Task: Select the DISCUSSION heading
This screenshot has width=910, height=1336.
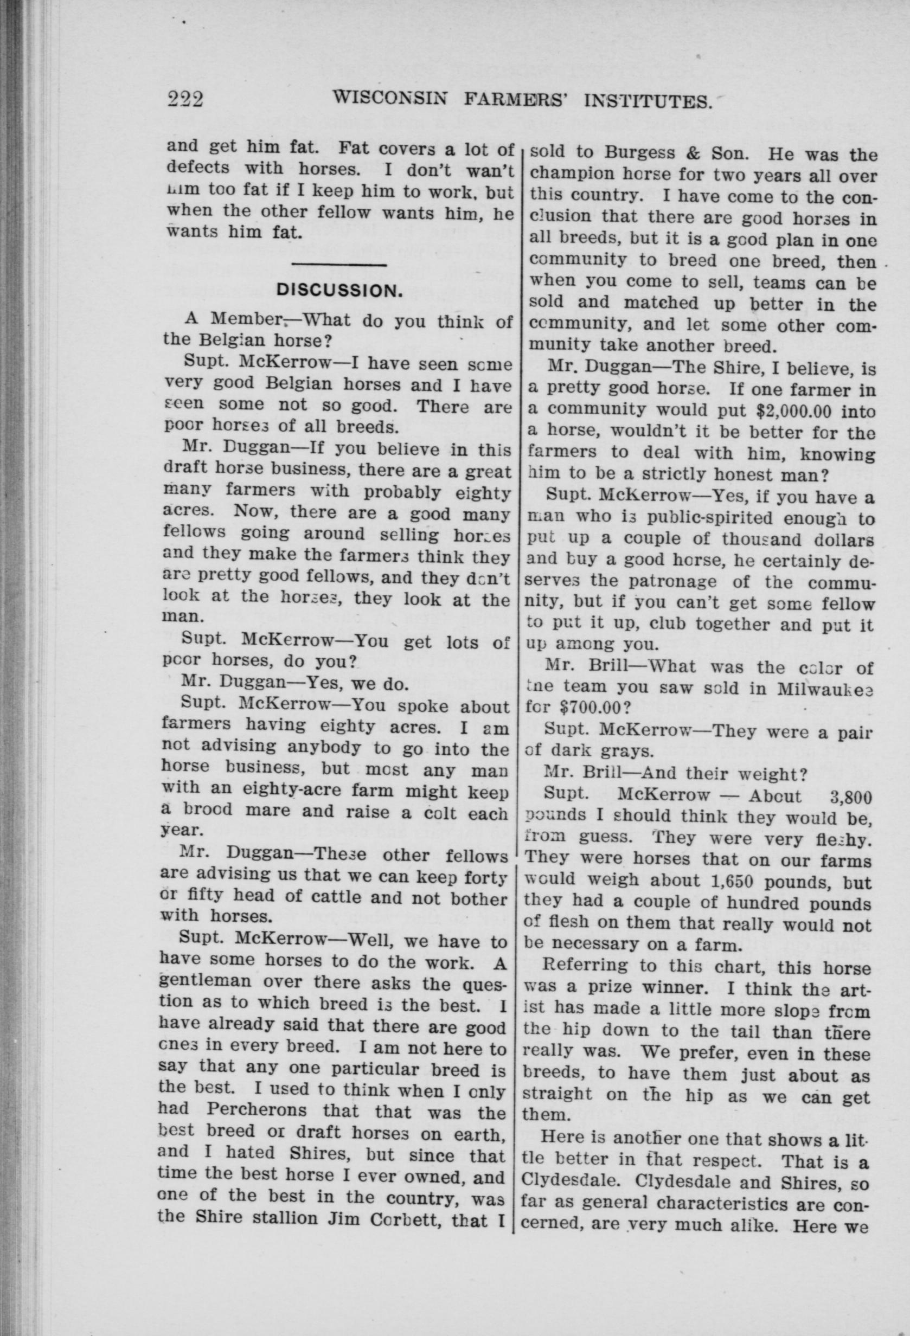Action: pos(338,290)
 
